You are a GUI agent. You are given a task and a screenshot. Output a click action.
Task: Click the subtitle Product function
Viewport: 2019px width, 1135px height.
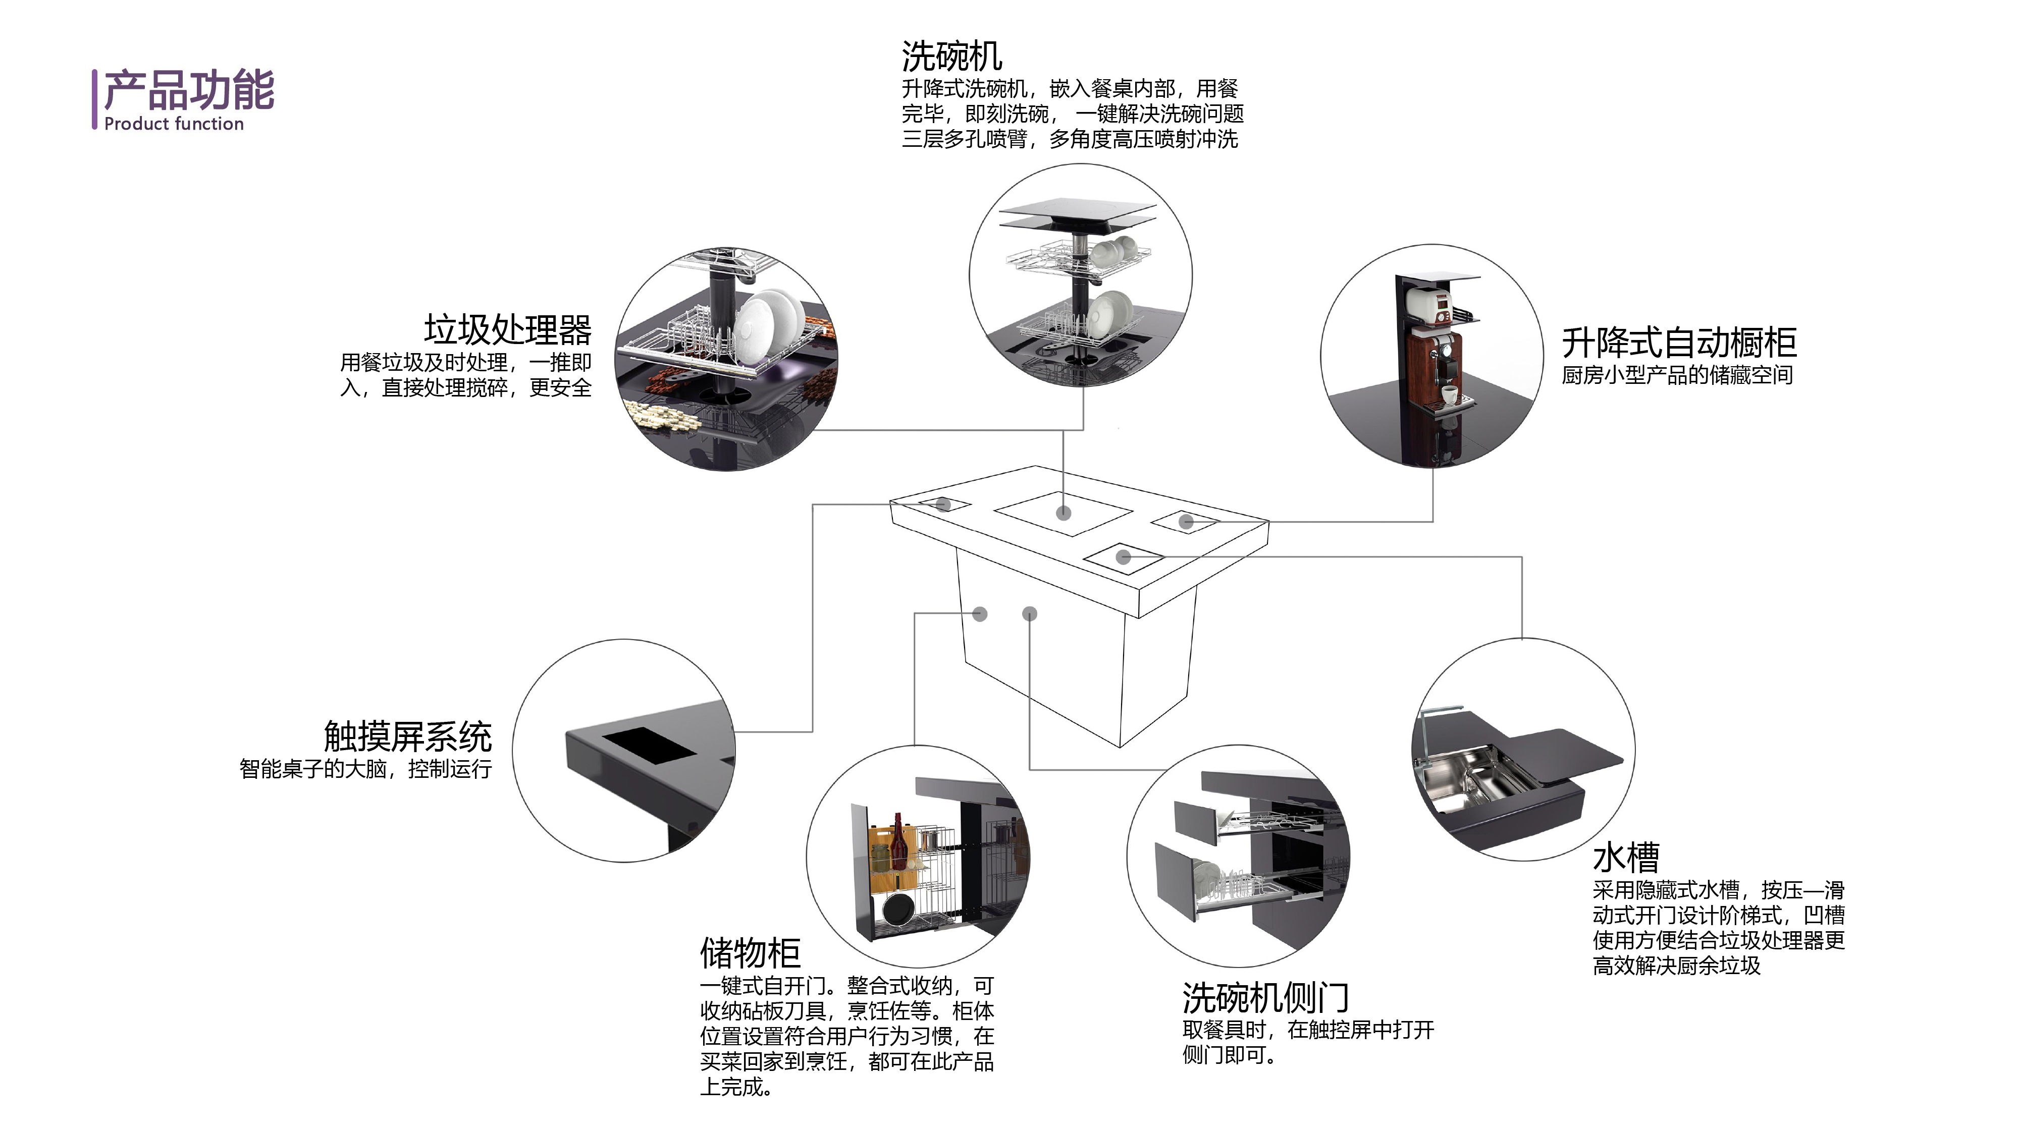(174, 124)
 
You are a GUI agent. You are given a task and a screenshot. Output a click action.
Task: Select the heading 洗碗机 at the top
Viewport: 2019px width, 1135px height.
(951, 56)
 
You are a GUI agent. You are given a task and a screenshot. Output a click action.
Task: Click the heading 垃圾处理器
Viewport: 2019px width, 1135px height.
(507, 330)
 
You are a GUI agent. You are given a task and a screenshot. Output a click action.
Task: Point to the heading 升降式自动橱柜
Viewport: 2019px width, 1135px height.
(1679, 343)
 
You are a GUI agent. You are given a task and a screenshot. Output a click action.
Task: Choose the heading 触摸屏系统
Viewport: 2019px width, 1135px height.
(407, 736)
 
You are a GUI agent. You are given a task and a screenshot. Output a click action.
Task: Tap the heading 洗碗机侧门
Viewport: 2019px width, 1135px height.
(1265, 998)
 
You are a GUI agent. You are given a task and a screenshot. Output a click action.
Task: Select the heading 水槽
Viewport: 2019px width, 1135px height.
(1625, 857)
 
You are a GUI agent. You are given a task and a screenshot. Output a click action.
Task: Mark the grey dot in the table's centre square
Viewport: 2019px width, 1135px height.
(1064, 513)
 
